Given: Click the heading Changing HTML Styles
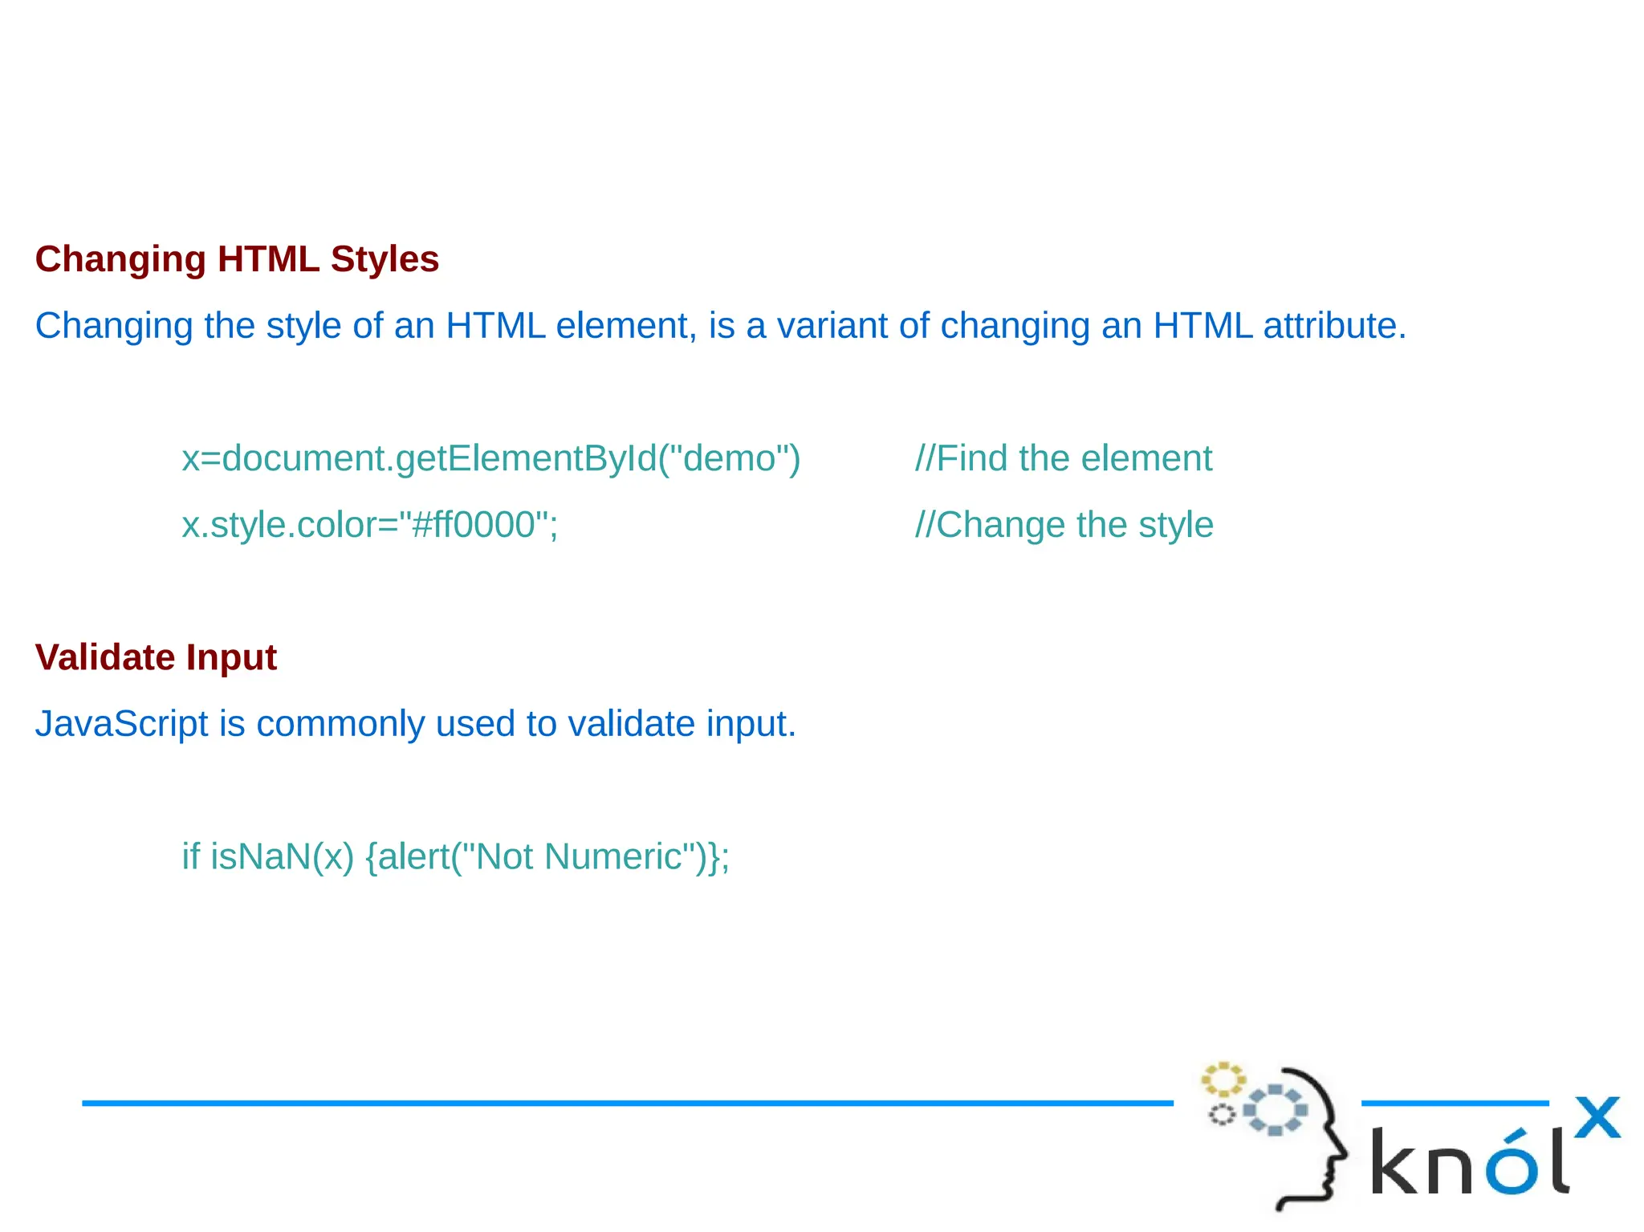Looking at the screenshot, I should tap(237, 259).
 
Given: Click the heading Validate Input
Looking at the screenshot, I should tap(156, 657).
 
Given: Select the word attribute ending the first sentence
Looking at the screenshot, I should tap(1333, 326).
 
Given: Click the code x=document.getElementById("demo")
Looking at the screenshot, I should tap(490, 459).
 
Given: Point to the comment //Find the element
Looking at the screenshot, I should tap(1063, 459).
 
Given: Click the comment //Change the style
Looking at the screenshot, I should tap(1064, 526).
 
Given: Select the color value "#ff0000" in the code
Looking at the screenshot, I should tap(474, 526).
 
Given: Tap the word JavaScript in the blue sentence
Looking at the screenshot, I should tap(121, 725).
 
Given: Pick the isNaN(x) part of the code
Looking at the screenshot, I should tap(282, 857).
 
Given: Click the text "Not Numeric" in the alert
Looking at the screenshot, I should tap(578, 857).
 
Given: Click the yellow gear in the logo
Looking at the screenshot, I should tap(1223, 1080).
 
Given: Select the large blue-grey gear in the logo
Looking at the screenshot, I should tap(1275, 1110).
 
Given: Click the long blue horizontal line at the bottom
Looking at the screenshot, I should tap(626, 1104).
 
